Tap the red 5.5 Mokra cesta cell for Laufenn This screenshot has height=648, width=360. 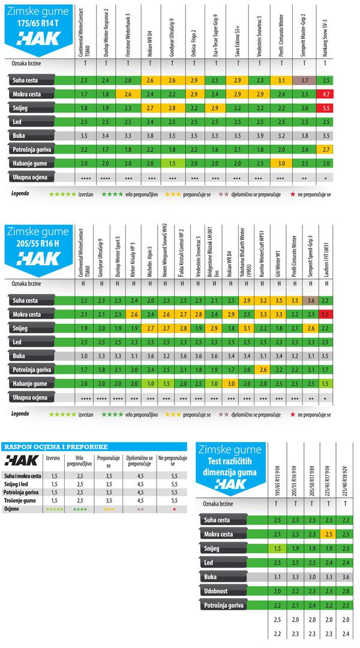click(x=325, y=314)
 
